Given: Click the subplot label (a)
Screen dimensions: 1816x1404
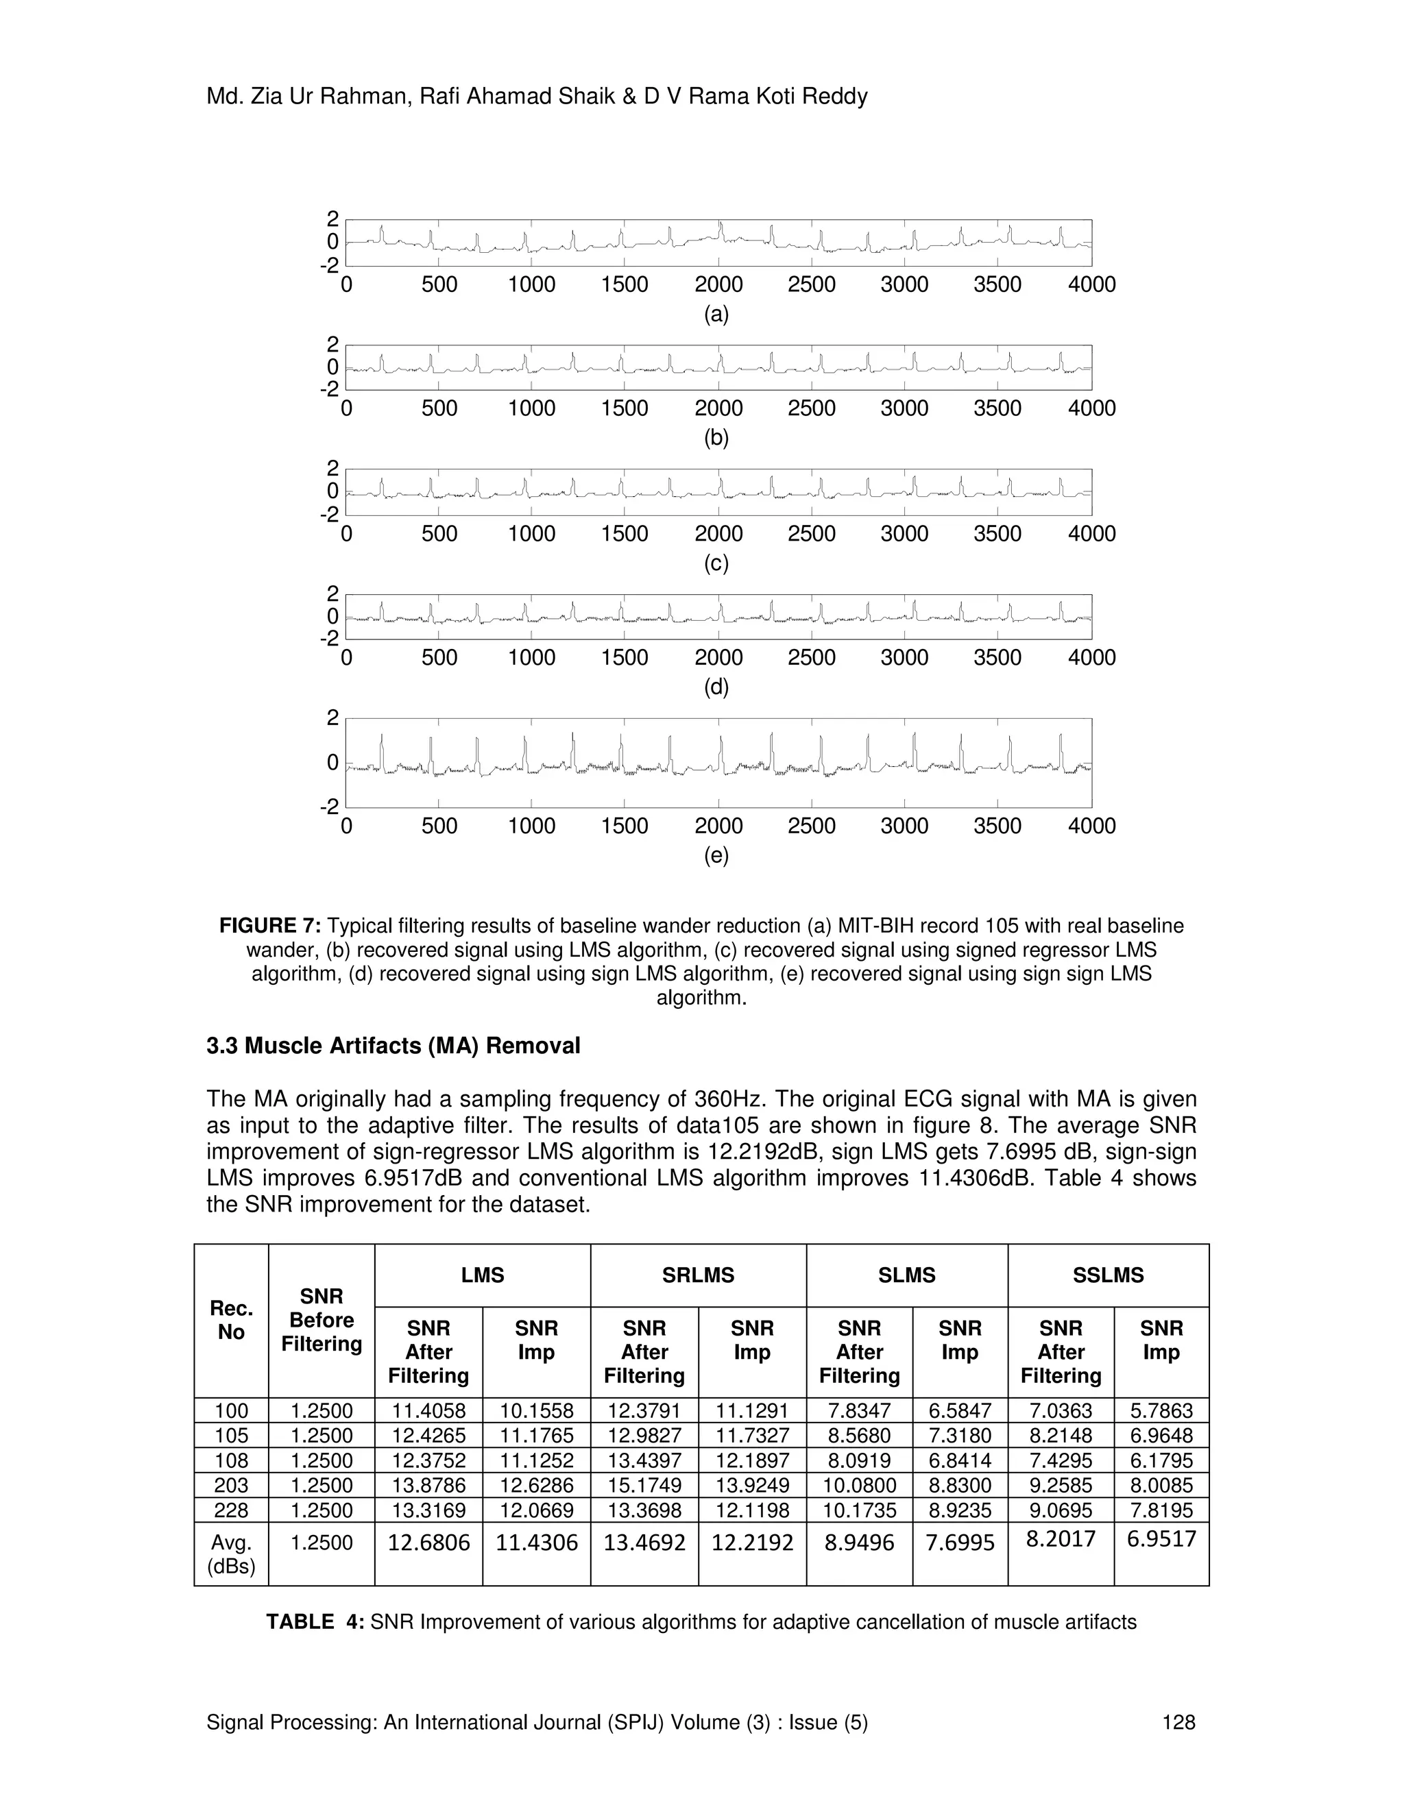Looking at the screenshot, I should tap(716, 315).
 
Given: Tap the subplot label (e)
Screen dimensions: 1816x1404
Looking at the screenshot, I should tap(716, 856).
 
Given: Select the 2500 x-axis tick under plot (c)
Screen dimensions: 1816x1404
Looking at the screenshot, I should tap(811, 534).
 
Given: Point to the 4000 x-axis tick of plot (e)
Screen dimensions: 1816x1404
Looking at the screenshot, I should tap(1091, 826).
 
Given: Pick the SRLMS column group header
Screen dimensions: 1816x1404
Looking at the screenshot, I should tap(698, 1275).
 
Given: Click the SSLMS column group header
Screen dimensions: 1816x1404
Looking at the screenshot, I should tap(1108, 1275).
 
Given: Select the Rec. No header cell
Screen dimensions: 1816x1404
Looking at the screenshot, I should tap(231, 1321).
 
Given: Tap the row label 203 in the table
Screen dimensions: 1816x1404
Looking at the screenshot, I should tap(231, 1485).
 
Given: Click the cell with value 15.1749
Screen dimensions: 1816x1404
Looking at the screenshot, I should tap(644, 1485).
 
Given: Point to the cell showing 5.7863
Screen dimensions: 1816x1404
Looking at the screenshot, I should tap(1161, 1410).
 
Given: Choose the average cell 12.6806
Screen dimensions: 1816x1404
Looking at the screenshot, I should tap(428, 1543).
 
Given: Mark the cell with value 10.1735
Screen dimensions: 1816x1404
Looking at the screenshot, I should tap(859, 1510).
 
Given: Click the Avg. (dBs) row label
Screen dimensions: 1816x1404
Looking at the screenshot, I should tap(231, 1555).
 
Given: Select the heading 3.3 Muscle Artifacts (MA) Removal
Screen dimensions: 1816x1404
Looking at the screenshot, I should tap(393, 1046).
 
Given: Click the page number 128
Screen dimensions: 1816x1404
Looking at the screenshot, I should tap(1178, 1723).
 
